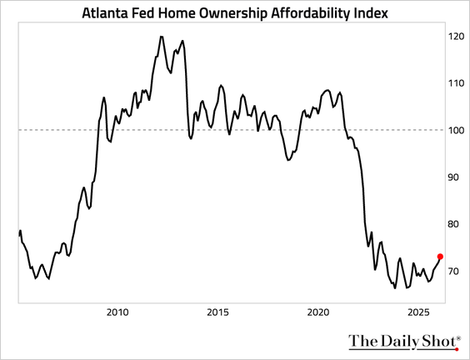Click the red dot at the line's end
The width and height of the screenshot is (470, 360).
point(440,257)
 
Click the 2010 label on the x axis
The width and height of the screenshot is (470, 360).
point(117,312)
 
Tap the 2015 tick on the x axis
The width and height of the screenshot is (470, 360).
point(217,312)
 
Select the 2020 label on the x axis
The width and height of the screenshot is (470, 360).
point(318,312)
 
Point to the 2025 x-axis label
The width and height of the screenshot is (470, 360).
point(418,312)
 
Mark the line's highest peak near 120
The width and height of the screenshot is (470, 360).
point(161,37)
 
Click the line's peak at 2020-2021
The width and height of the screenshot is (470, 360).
point(326,89)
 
